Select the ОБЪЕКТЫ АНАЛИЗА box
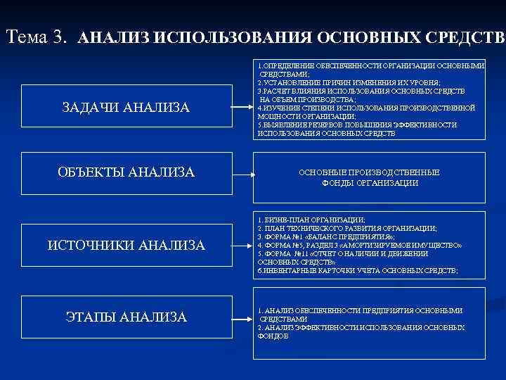tap(126, 172)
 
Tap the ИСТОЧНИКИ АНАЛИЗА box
tap(126, 245)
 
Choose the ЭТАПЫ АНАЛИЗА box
tap(126, 317)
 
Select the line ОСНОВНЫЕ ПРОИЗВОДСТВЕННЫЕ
tap(369, 172)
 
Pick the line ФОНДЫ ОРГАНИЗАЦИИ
tap(369, 183)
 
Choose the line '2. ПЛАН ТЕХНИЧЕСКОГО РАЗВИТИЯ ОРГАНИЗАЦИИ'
tap(347, 229)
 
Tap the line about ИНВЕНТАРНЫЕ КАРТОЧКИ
tap(357, 271)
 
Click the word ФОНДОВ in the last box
tap(273, 336)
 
